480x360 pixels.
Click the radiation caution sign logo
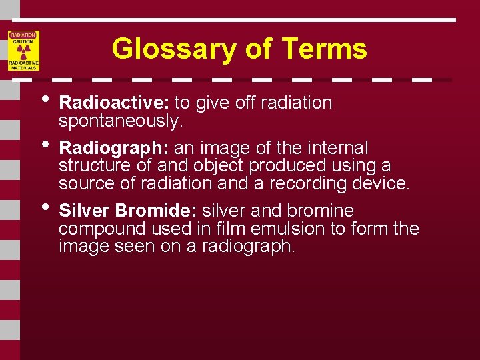(x=24, y=51)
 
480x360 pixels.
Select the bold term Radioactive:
(x=115, y=103)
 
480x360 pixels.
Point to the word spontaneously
(x=120, y=121)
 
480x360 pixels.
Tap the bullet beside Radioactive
(x=45, y=99)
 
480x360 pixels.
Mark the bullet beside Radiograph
(x=45, y=143)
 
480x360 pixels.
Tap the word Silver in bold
(x=85, y=211)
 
